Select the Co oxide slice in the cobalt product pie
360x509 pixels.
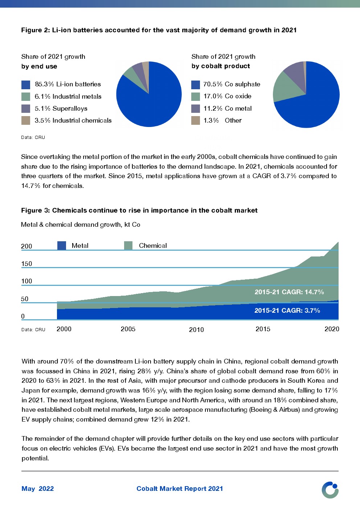285,87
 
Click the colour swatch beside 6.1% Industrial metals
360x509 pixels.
26,97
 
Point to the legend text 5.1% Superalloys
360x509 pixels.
61,108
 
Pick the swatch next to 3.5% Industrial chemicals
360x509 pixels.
26,120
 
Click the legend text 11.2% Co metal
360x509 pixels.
228,108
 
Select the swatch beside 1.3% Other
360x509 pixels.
196,120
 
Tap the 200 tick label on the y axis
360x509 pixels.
26,246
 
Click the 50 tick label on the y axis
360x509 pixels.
25,299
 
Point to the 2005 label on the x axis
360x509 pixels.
128,329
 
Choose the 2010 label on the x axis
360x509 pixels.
196,329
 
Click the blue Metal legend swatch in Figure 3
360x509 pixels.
62,246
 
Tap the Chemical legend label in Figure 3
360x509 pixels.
153,246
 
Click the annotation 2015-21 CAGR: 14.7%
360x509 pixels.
289,292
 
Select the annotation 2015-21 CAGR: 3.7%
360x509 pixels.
287,311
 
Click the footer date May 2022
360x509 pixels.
38,489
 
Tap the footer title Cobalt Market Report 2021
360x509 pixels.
180,489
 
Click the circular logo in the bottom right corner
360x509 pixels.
330,490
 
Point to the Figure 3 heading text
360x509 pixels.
139,210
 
